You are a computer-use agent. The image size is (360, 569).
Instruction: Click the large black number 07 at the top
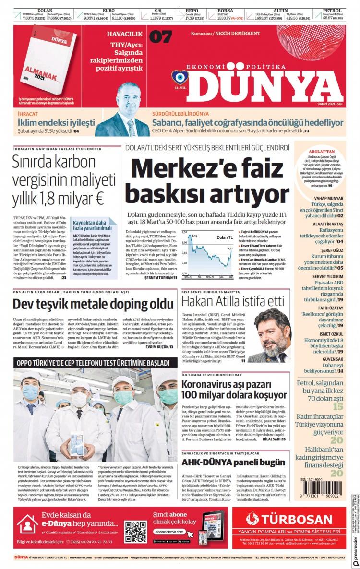pyautogui.click(x=160, y=36)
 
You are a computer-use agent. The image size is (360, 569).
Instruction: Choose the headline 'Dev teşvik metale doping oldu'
pyautogui.click(x=93, y=304)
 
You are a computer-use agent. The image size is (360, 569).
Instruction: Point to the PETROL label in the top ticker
pyautogui.click(x=332, y=10)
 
